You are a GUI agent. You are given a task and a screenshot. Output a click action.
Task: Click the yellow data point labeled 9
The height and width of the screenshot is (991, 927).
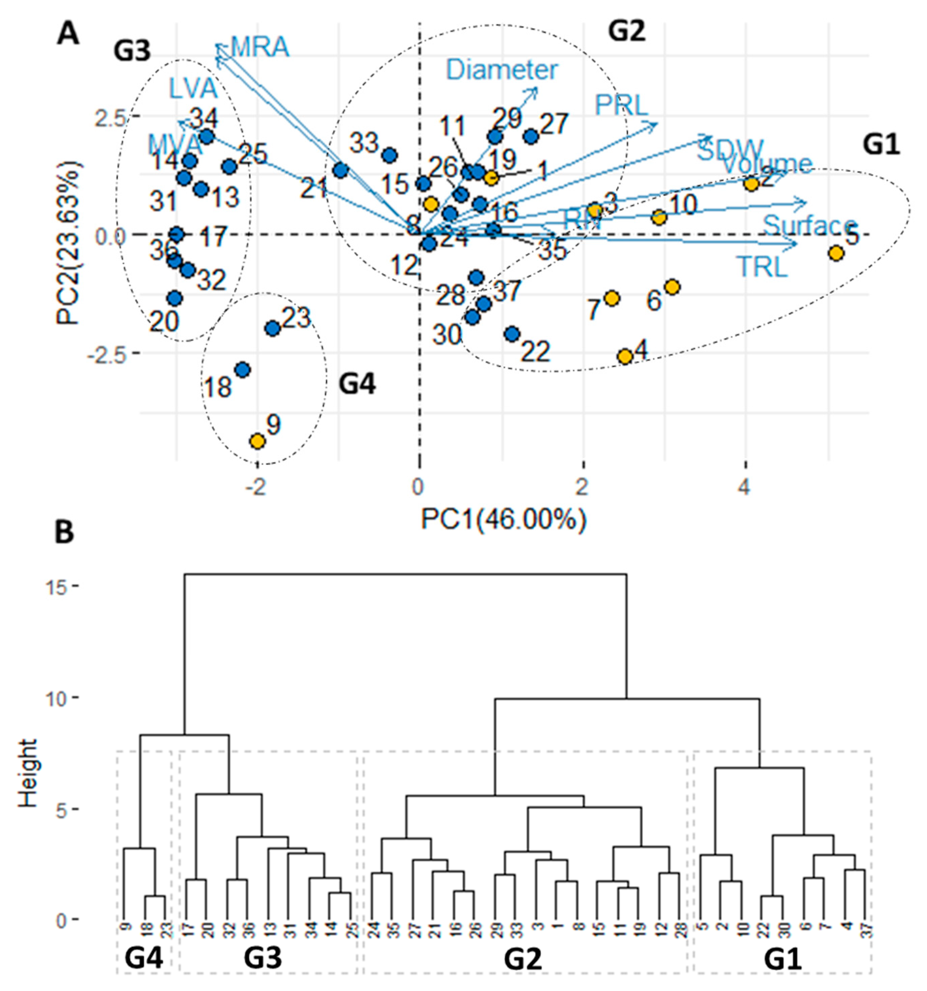tap(257, 441)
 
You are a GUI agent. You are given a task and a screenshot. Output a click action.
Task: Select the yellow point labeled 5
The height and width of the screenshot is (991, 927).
tap(836, 253)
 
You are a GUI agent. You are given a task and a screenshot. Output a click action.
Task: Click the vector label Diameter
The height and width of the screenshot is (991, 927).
tap(502, 70)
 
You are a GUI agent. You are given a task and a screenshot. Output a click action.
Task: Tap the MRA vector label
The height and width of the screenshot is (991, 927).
tap(260, 47)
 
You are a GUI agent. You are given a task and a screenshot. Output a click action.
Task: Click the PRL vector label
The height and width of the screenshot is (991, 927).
tap(621, 105)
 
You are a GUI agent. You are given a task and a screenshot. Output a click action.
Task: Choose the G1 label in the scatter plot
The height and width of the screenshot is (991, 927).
tap(881, 145)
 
